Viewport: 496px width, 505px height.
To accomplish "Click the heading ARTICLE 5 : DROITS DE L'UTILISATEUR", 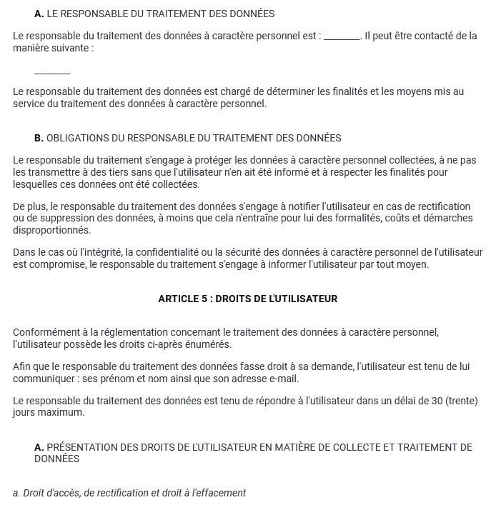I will (247, 299).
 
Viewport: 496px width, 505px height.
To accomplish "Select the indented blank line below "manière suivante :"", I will (52, 74).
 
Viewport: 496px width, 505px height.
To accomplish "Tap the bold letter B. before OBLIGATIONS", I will (39, 138).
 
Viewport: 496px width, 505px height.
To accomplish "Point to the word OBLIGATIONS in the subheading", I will (76, 138).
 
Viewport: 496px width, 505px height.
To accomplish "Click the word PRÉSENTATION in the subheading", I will (80, 448).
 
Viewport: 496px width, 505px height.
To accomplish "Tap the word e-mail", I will (283, 379).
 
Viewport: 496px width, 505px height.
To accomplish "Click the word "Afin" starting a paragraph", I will (23, 366).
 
